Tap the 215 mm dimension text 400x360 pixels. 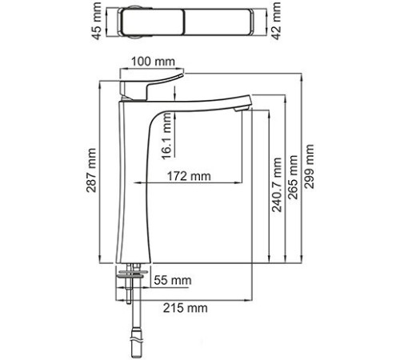[x=189, y=307]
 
